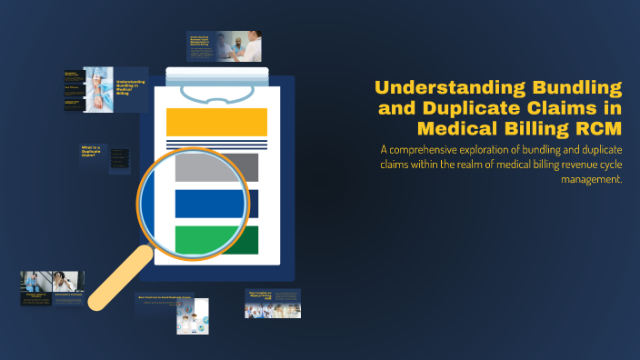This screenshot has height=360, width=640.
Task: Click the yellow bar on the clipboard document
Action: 216,121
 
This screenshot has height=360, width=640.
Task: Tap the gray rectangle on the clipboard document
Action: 216,167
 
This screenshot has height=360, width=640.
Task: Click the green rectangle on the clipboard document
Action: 216,240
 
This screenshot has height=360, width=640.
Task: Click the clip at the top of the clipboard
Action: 216,91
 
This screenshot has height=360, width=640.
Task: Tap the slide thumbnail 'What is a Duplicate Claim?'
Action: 91,152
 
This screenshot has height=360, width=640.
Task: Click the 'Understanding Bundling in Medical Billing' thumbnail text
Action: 130,89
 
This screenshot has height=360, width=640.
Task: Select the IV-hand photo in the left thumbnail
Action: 99,88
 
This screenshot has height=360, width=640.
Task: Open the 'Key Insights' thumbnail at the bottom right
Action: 273,304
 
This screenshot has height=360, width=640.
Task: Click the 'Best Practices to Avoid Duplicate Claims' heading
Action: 165,297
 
